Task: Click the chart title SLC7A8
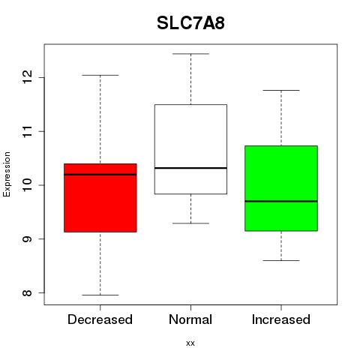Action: [x=190, y=23]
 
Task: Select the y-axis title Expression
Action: [x=7, y=174]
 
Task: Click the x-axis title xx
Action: [x=190, y=343]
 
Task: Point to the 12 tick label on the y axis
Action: [x=28, y=77]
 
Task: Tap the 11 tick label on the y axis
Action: [x=28, y=131]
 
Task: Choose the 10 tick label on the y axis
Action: [x=28, y=185]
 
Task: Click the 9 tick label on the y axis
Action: [x=28, y=239]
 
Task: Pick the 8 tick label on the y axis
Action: [x=28, y=292]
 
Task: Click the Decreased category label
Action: [x=100, y=319]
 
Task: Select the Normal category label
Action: [x=190, y=319]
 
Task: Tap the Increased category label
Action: [x=281, y=319]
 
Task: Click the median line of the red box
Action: [x=100, y=175]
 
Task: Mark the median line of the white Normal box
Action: [x=190, y=168]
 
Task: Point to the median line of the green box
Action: [x=281, y=201]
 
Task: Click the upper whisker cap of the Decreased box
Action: [x=100, y=75]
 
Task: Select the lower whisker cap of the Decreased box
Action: [x=100, y=295]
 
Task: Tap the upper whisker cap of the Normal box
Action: [x=190, y=54]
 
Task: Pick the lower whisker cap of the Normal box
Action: [x=190, y=223]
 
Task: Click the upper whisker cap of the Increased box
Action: [x=281, y=90]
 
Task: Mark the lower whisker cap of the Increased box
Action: [x=281, y=260]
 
